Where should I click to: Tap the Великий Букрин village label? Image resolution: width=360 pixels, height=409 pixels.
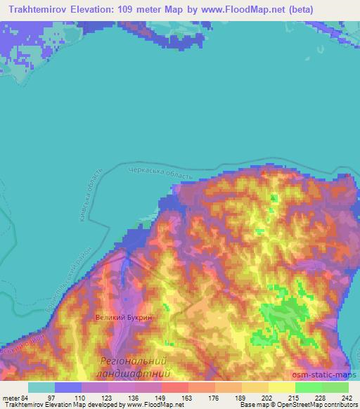(x=124, y=318)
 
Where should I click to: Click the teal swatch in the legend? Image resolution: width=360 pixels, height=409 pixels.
(x=41, y=387)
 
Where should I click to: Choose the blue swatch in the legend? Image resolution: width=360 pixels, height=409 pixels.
(x=68, y=387)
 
